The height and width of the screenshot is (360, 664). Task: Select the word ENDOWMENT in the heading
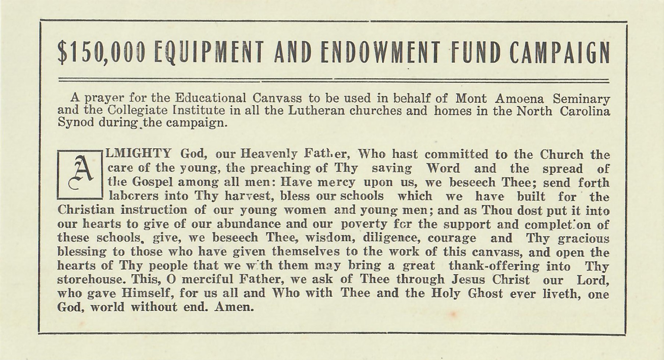point(380,54)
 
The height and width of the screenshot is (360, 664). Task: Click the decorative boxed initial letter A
point(80,174)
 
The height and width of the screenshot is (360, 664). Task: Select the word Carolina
point(585,110)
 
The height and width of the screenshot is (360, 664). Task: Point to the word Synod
point(76,123)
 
